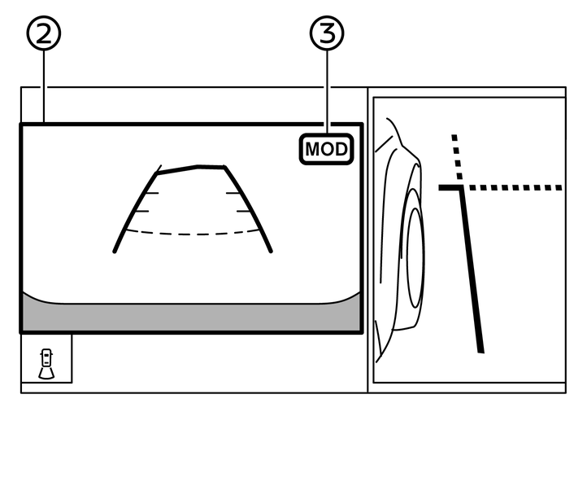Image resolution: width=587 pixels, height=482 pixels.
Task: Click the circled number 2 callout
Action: pyautogui.click(x=44, y=33)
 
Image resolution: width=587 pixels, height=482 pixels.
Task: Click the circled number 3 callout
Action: pyautogui.click(x=327, y=33)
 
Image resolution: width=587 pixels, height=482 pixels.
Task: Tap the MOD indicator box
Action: pyautogui.click(x=327, y=150)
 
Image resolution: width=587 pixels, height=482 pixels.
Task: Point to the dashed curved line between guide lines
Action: pyautogui.click(x=191, y=234)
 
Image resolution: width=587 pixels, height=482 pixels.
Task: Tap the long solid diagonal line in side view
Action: pyautogui.click(x=473, y=269)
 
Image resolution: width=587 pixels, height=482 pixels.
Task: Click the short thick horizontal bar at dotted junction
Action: pyautogui.click(x=450, y=187)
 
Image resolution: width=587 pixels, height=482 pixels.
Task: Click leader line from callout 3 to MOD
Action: pyautogui.click(x=327, y=90)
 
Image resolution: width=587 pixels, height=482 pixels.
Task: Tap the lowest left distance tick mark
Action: pyautogui.click(x=138, y=211)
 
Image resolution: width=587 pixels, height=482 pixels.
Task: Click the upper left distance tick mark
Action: pyautogui.click(x=149, y=194)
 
